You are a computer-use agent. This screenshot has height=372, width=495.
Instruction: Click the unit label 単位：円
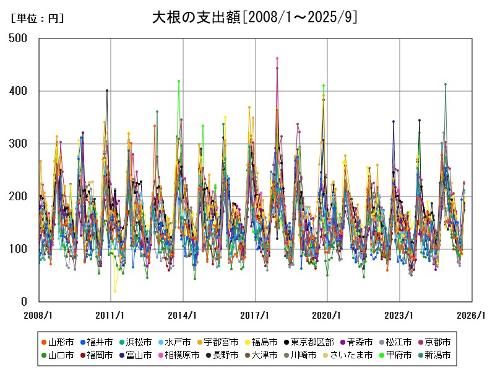click(38, 19)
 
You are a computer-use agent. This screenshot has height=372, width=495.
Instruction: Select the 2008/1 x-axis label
click(38, 316)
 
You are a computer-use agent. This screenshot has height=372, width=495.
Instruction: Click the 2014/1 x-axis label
click(183, 316)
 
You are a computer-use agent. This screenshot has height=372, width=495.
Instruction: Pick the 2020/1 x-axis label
click(328, 316)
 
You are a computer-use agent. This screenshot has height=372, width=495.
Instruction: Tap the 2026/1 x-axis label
click(472, 316)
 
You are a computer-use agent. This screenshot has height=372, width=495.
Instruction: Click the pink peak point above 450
click(277, 58)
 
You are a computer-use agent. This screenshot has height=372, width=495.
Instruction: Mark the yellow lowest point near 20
click(115, 291)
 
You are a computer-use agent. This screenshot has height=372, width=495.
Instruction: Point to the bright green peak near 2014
click(179, 81)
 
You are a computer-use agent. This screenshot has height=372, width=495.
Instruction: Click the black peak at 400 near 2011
click(107, 91)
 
